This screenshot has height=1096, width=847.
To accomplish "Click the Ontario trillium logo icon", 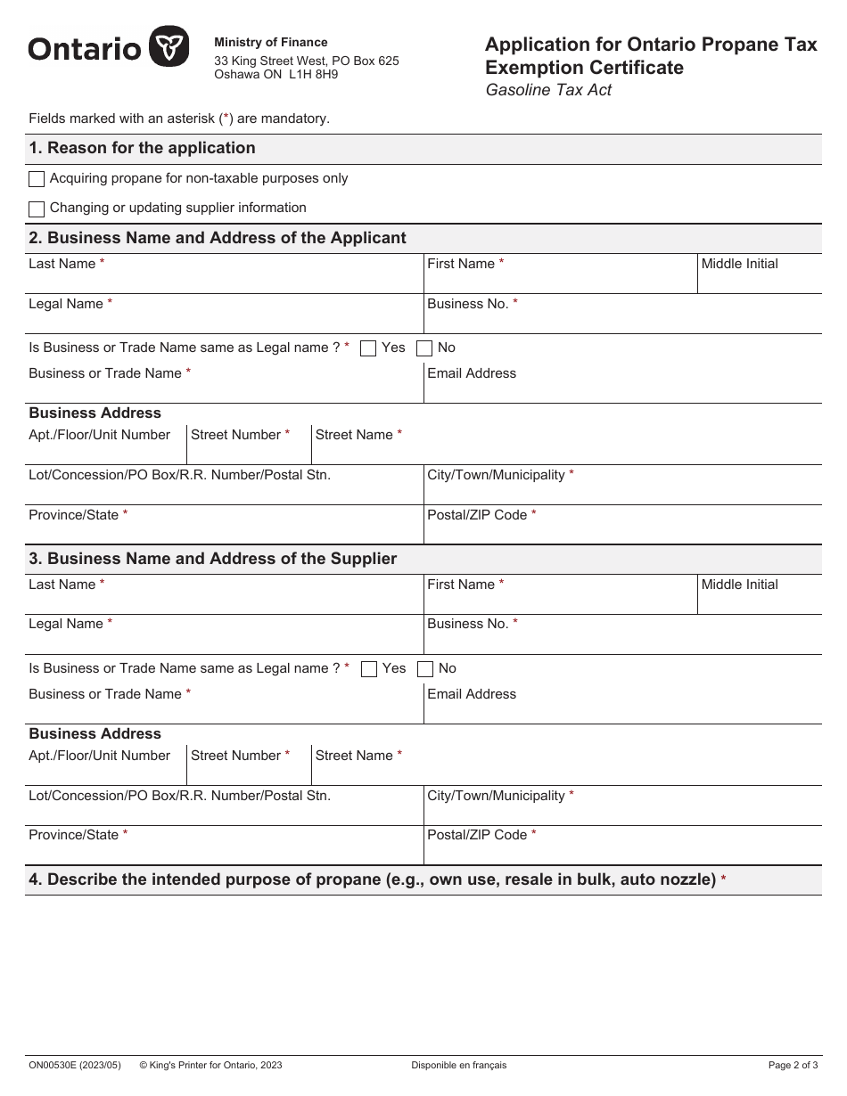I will [169, 46].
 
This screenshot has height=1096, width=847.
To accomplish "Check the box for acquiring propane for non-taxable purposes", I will [37, 179].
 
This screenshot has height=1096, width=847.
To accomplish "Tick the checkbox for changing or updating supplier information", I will [37, 209].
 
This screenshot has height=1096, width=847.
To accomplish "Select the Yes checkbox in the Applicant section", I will [368, 348].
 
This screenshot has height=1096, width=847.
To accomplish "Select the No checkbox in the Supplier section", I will [426, 669].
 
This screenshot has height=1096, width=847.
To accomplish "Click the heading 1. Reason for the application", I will [142, 148].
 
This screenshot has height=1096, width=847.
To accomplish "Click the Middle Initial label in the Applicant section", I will [739, 264].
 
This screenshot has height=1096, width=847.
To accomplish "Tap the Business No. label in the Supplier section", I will [467, 624].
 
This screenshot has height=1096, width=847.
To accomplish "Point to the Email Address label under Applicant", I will [472, 373].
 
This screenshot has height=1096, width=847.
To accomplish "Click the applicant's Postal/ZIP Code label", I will [477, 515].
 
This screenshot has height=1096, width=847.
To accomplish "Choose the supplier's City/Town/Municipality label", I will [496, 796].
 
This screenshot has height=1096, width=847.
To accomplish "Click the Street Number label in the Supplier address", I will [235, 756].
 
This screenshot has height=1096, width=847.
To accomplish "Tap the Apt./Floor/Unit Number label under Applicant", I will [99, 435].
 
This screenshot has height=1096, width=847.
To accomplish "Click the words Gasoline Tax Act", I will [548, 90].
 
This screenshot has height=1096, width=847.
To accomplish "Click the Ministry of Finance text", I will [271, 43].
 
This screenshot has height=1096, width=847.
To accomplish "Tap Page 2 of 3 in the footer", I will [793, 1065].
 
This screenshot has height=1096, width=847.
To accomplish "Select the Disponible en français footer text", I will [458, 1065].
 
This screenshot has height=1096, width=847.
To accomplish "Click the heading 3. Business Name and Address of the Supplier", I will [212, 559].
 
